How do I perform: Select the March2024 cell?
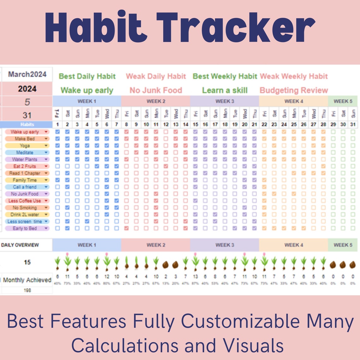click(x=27, y=74)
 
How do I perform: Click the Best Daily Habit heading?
click(x=87, y=76)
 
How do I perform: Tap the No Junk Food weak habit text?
click(x=156, y=90)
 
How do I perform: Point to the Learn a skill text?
click(x=225, y=90)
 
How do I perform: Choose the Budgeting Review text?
click(x=294, y=90)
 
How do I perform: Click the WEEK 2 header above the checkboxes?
click(x=156, y=101)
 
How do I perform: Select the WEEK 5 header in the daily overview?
click(x=343, y=245)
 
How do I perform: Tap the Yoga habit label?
click(x=25, y=146)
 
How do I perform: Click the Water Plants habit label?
click(x=25, y=159)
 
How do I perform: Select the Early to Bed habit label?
click(x=25, y=228)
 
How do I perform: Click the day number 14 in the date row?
click(x=185, y=124)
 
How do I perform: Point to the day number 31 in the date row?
click(x=353, y=124)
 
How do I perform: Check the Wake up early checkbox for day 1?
click(x=57, y=132)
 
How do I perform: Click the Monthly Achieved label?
click(x=27, y=280)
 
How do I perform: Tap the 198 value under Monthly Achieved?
click(x=27, y=290)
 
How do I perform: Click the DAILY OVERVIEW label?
click(x=20, y=245)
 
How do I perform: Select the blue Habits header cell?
click(x=27, y=124)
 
